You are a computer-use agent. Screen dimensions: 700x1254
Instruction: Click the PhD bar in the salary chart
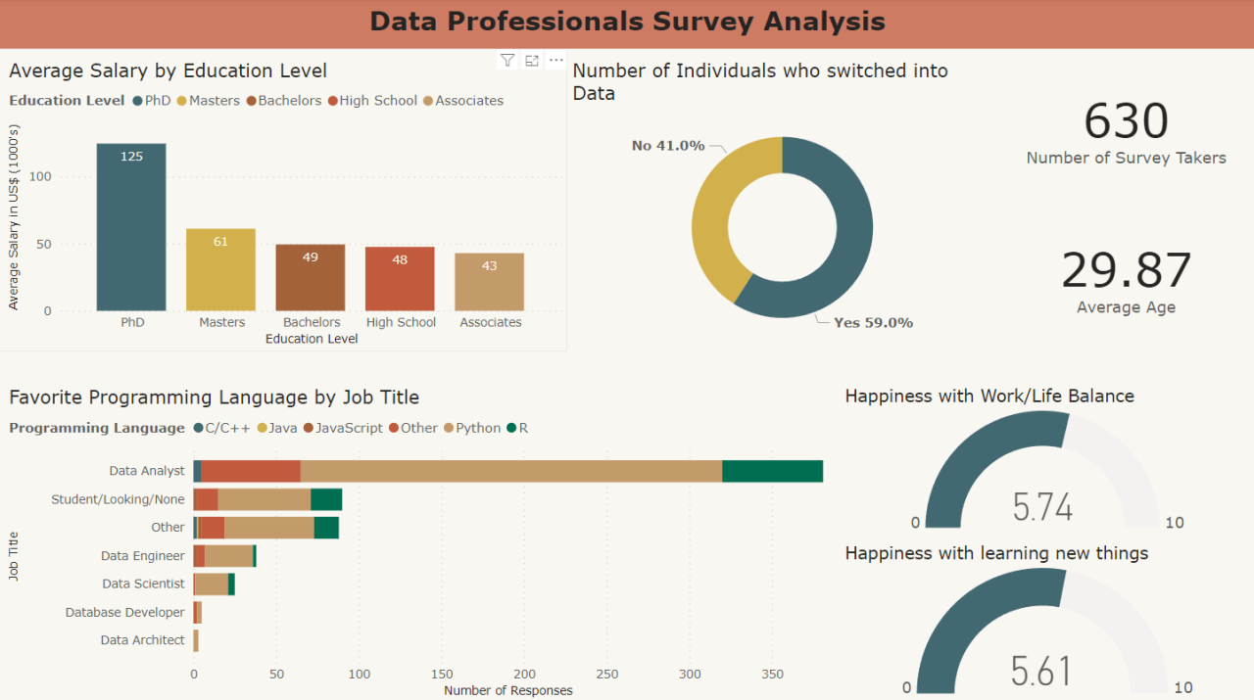pos(131,227)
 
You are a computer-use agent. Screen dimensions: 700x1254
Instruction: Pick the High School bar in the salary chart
pos(400,279)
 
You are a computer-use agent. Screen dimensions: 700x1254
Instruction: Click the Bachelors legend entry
pos(284,101)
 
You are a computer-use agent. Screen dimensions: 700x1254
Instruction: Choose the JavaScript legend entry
pos(342,428)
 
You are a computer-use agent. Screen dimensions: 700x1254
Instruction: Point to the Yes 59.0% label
pos(873,322)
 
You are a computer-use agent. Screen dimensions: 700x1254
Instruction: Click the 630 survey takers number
pos(1126,121)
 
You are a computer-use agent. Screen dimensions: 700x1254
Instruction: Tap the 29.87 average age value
pos(1126,271)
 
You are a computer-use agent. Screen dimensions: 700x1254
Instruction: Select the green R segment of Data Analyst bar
pos(772,471)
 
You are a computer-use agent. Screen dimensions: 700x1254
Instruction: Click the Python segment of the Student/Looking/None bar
pos(264,499)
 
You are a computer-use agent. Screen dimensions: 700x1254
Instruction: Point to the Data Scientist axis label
pos(143,583)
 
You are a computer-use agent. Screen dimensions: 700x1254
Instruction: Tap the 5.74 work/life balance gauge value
pos(1042,507)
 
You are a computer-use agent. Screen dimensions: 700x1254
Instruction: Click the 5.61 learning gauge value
pos(1040,672)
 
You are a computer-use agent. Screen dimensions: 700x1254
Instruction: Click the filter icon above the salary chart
pos(506,61)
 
